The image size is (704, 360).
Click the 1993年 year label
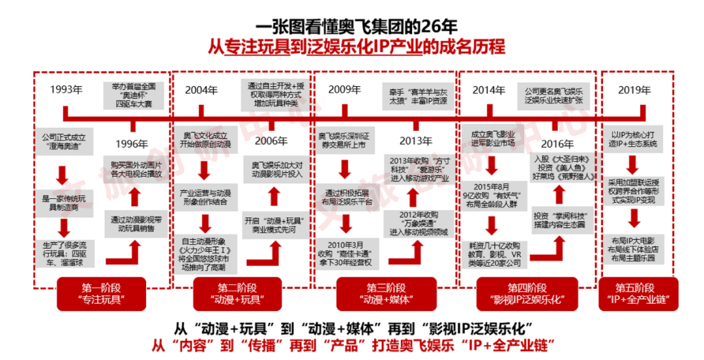(66, 90)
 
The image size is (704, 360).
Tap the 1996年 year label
(132, 143)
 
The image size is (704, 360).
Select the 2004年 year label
(201, 90)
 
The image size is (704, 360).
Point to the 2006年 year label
(271, 141)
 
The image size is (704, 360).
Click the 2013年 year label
(415, 141)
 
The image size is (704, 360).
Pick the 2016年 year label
(557, 143)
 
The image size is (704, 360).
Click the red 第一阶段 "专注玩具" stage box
(102, 293)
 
